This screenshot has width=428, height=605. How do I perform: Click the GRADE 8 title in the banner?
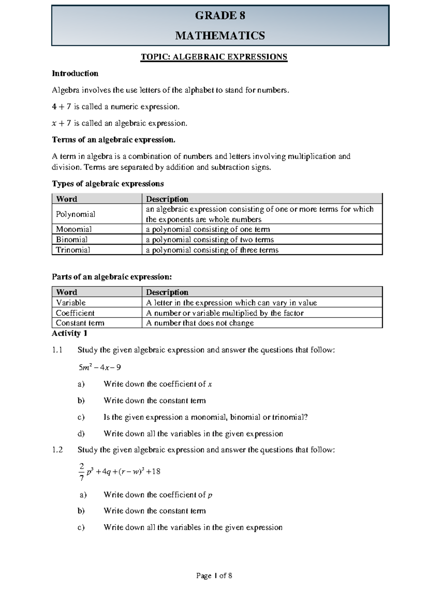coord(220,16)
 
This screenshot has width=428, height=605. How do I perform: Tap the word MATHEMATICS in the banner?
coord(220,36)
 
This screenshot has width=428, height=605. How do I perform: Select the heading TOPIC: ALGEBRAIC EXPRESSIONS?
coord(214,57)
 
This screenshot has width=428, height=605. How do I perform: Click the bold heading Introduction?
coord(75,73)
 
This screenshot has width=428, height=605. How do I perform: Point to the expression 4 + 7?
coord(61,107)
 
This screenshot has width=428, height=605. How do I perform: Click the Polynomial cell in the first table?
coord(75,214)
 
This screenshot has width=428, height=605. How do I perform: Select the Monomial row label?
coord(73,229)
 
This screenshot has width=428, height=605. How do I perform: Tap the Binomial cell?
coord(72,239)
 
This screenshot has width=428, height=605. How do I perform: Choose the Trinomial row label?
coord(73,250)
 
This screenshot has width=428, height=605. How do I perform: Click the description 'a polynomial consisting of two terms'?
coord(210,239)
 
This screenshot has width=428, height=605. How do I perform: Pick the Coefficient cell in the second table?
coord(75,313)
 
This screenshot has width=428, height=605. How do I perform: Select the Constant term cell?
coord(80,323)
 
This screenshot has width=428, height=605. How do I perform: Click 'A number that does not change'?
coord(200,323)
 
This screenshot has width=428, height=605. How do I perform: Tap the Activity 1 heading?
coord(70,333)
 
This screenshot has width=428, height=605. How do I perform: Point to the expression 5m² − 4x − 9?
coord(100,367)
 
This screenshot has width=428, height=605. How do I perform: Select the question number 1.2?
coord(57,450)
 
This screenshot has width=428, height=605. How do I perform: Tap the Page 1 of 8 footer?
coord(214,575)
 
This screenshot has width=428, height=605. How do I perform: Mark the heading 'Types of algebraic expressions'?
coord(108,184)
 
